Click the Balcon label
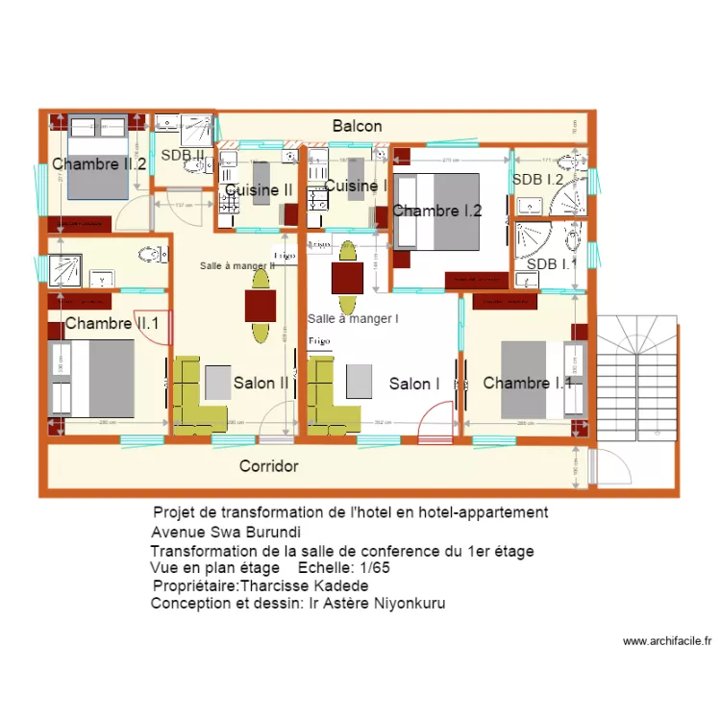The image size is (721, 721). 358,126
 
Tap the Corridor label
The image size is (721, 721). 268,466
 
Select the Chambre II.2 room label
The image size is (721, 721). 99,164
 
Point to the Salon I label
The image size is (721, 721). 414,384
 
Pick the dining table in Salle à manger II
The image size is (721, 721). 261,306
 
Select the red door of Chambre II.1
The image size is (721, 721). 168,327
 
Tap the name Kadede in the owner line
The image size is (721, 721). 345,585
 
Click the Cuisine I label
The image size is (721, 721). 356,186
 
